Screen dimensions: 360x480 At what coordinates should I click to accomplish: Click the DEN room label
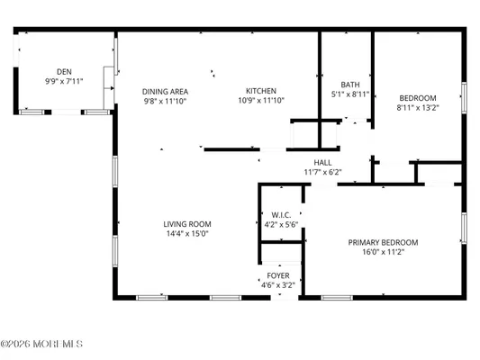[x=63, y=72]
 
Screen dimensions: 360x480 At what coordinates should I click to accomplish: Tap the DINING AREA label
[x=165, y=91]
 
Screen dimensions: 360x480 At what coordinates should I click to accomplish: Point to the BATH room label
[x=350, y=84]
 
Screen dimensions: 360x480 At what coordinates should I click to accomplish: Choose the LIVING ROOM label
[x=186, y=224]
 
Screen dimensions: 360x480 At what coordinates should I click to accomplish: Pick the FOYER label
[x=277, y=275]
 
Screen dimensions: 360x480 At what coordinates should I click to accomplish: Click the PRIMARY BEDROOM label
[x=384, y=242]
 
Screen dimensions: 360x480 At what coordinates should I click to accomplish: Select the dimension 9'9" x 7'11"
[x=63, y=81]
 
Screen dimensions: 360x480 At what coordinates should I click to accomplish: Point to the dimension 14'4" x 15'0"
[x=186, y=234]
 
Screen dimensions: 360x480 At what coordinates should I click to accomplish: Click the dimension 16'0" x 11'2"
[x=384, y=252]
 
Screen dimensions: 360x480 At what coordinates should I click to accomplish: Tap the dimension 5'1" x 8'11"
[x=350, y=94]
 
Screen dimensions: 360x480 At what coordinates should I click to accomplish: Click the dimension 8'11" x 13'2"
[x=417, y=107]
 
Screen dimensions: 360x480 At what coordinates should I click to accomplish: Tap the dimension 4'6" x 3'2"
[x=277, y=285]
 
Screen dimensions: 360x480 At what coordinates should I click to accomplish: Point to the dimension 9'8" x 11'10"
[x=165, y=101]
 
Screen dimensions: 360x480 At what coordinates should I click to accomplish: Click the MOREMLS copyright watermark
[x=42, y=343]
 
